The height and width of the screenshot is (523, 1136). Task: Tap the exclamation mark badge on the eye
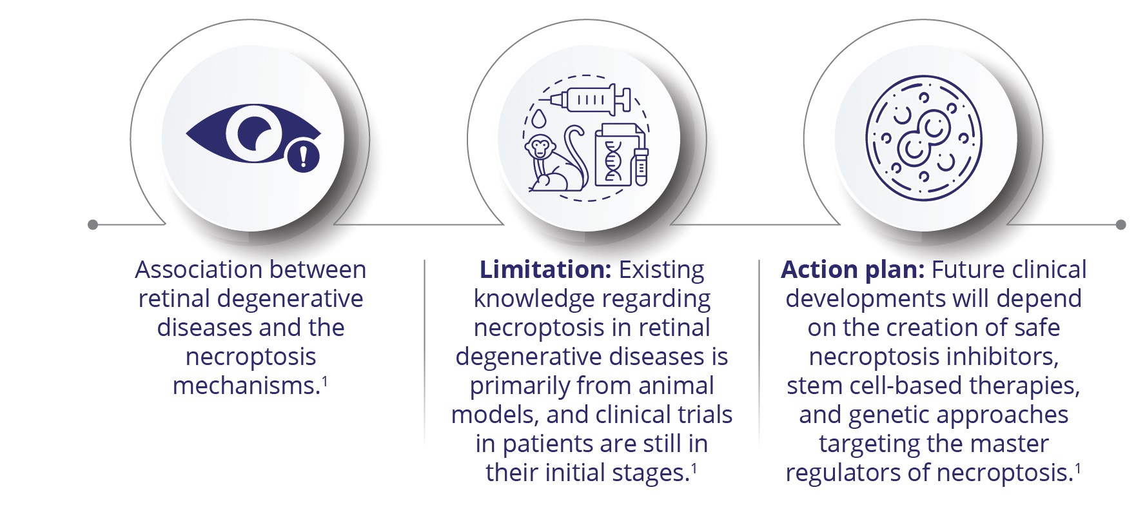coord(303,156)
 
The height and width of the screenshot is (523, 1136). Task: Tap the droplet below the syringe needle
coord(540,119)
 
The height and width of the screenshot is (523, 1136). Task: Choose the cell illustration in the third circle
coord(923,138)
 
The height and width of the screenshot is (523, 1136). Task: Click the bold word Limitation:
coord(545,270)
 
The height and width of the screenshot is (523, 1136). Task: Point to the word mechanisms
coord(246,386)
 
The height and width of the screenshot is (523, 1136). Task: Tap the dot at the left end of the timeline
coord(93,224)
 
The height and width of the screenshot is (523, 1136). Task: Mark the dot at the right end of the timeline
coord(1121,224)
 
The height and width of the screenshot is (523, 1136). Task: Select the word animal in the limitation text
coord(676,386)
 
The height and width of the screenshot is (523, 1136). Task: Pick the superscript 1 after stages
coord(694,468)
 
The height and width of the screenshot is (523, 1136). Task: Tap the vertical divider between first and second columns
coord(424,351)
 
